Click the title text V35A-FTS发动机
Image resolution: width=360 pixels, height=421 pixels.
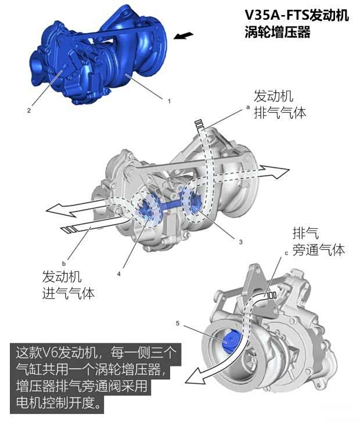pyautogui.click(x=297, y=15)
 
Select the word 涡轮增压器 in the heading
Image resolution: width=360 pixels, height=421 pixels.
pyautogui.click(x=278, y=32)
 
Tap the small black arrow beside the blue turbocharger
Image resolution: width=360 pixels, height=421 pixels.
pyautogui.click(x=183, y=36)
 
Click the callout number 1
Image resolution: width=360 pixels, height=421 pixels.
pyautogui.click(x=169, y=100)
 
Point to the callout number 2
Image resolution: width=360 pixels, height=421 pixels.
pyautogui.click(x=27, y=109)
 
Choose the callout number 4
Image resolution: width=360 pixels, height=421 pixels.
pyautogui.click(x=120, y=272)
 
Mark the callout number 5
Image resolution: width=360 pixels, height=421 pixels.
pyautogui.click(x=183, y=322)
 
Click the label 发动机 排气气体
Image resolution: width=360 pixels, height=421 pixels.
pyautogui.click(x=280, y=105)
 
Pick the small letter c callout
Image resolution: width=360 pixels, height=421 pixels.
pyautogui.click(x=286, y=253)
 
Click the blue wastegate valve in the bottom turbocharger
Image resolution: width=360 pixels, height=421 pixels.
pyautogui.click(x=228, y=340)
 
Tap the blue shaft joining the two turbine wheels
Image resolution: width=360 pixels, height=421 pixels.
pyautogui.click(x=173, y=204)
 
